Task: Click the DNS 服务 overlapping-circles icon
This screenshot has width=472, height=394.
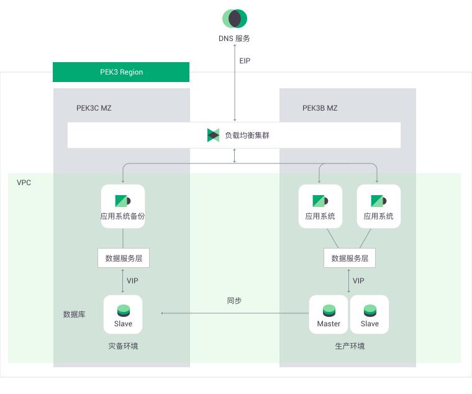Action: pos(235,19)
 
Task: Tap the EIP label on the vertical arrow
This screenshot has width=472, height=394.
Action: pos(245,61)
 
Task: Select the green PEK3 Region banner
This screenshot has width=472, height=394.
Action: pos(121,72)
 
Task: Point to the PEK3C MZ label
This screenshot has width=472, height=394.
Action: pos(94,108)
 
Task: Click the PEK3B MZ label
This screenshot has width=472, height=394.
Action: pos(320,108)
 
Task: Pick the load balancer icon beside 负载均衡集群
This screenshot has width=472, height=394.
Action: pos(213,135)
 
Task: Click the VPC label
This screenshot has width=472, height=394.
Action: pos(24,183)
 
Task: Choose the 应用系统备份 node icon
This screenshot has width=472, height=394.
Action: pos(123,201)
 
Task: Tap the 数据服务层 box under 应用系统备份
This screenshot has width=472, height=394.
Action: pos(124,258)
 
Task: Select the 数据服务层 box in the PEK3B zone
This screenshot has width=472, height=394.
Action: pos(350,258)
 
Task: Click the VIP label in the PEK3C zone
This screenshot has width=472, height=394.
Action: pos(132,281)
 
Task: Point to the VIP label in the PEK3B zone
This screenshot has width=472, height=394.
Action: pos(358,281)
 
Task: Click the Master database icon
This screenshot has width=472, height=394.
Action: pos(329,311)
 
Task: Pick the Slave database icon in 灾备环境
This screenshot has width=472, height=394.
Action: pos(124,311)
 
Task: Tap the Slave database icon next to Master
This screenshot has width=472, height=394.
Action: pos(370,311)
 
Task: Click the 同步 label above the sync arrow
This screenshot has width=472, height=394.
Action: pos(234,300)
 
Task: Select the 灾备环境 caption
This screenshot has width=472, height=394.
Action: pos(123,346)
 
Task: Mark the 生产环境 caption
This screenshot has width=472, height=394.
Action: pos(350,346)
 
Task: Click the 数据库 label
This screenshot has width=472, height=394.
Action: pos(74,314)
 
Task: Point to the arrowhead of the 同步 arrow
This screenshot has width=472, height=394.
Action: pos(162,313)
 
